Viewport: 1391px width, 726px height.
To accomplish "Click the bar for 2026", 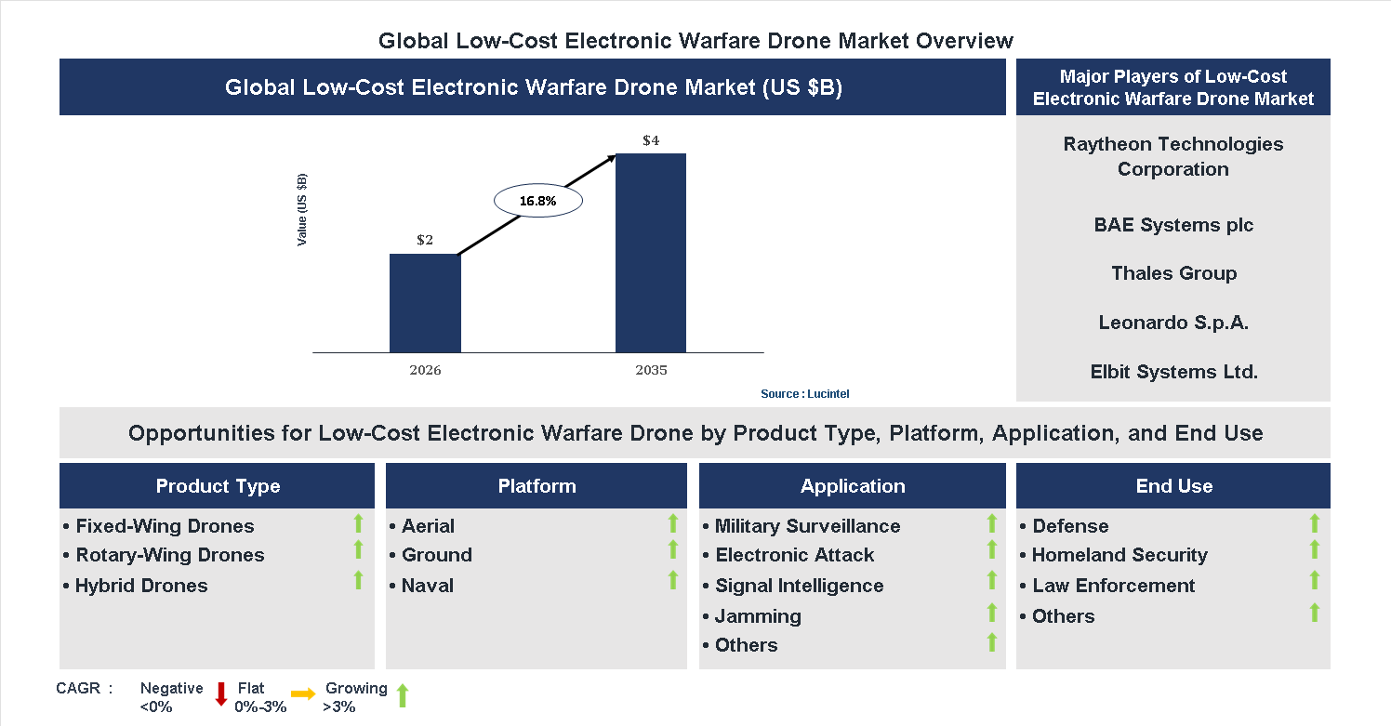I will click(x=425, y=303).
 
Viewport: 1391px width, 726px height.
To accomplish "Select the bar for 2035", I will click(x=651, y=253).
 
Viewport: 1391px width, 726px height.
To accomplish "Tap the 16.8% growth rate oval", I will click(x=537, y=201).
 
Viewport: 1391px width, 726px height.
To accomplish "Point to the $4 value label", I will click(x=651, y=140).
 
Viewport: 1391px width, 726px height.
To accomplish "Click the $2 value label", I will click(x=425, y=240).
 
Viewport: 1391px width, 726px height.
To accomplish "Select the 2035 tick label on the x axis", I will click(x=651, y=370).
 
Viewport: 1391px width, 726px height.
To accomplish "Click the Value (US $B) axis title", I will click(x=302, y=210).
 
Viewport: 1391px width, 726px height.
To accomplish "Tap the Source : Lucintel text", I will click(x=804, y=394).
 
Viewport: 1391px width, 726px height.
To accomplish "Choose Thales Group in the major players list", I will click(x=1173, y=273).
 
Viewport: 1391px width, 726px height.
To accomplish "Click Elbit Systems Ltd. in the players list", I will click(x=1173, y=372).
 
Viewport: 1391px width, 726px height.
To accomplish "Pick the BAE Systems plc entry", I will click(x=1173, y=225).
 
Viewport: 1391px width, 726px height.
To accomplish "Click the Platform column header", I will click(x=537, y=486).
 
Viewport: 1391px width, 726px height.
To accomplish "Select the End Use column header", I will click(x=1173, y=486).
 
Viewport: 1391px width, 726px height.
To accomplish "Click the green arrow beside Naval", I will click(x=672, y=581).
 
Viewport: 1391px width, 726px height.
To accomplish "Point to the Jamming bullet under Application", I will click(x=758, y=616).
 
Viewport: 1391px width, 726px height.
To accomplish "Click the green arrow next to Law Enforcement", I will click(x=1314, y=581).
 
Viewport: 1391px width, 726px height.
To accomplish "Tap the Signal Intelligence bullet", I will click(x=799, y=586).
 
